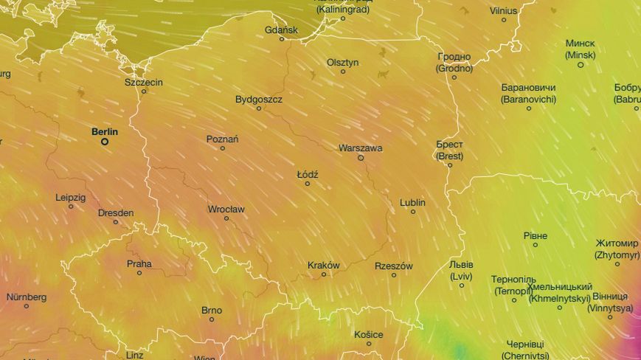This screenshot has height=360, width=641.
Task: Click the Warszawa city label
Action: point(360,148)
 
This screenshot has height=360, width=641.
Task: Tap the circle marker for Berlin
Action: point(105,141)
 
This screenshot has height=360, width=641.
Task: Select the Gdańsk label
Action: point(281,30)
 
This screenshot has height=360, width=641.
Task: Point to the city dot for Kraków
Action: point(323,274)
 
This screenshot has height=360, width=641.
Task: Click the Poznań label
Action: point(222,139)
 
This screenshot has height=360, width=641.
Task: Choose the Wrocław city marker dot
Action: point(226,218)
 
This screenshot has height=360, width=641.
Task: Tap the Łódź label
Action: point(307,175)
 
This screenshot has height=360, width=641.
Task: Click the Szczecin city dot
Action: point(144,91)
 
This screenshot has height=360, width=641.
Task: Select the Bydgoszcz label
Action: point(258,99)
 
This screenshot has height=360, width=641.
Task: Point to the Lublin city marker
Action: point(412,212)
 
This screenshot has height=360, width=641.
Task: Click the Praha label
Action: point(139,263)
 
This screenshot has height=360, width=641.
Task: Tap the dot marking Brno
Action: point(212,319)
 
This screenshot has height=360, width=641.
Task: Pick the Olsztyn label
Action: point(342,63)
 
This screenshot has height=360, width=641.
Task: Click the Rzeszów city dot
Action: point(394,275)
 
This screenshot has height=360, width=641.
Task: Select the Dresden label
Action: point(116,213)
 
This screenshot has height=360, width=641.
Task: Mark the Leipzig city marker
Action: point(71,207)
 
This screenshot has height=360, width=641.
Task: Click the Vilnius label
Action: point(504,11)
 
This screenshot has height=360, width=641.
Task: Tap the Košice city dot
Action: point(369,343)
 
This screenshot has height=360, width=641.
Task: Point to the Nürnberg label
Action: point(27,297)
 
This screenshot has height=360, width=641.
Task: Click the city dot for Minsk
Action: point(581,65)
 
